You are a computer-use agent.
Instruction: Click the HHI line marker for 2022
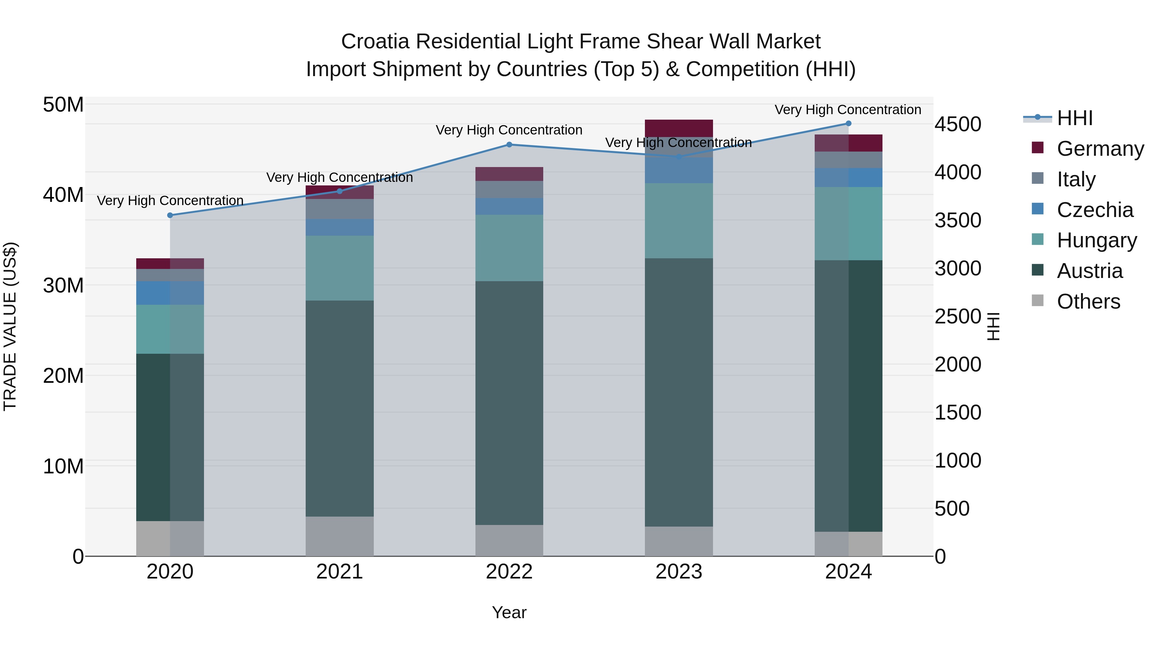[509, 145]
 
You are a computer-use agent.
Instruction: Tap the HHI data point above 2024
[849, 124]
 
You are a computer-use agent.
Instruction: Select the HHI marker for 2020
[170, 215]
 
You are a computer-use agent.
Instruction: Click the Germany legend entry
[1100, 149]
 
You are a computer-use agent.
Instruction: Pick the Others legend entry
[1088, 302]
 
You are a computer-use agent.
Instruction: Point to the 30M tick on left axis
[63, 286]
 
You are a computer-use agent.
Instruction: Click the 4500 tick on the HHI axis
[957, 124]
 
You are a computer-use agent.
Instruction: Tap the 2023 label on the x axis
[679, 572]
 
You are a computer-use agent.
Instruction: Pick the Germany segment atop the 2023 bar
[679, 128]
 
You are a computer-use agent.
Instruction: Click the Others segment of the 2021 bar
[340, 536]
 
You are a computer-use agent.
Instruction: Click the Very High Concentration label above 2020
[170, 201]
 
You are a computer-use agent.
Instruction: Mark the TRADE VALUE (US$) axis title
[10, 326]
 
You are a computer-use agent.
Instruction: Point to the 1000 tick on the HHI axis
[957, 460]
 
